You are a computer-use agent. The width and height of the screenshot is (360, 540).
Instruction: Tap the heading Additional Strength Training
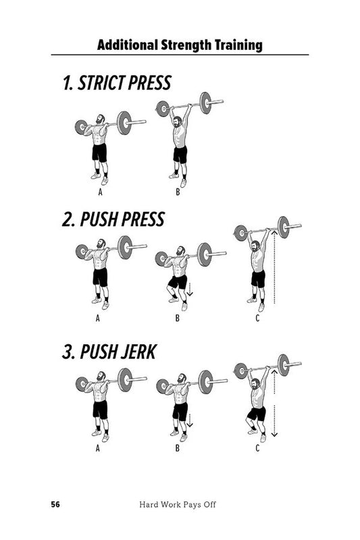tap(179, 46)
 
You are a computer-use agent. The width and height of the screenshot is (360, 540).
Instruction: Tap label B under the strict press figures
tap(178, 190)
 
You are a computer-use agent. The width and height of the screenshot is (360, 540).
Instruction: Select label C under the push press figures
tap(257, 318)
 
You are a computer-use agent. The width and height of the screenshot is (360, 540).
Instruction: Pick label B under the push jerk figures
tap(178, 446)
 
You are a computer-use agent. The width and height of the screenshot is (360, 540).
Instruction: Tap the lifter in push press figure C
tap(257, 267)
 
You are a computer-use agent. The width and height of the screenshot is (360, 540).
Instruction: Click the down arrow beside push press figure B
tap(191, 289)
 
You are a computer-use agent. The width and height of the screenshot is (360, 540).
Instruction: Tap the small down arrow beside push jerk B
tap(190, 421)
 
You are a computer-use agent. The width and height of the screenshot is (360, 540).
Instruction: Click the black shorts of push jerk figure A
tap(100, 409)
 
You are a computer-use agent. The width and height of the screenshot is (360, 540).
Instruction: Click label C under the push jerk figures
tap(257, 446)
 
